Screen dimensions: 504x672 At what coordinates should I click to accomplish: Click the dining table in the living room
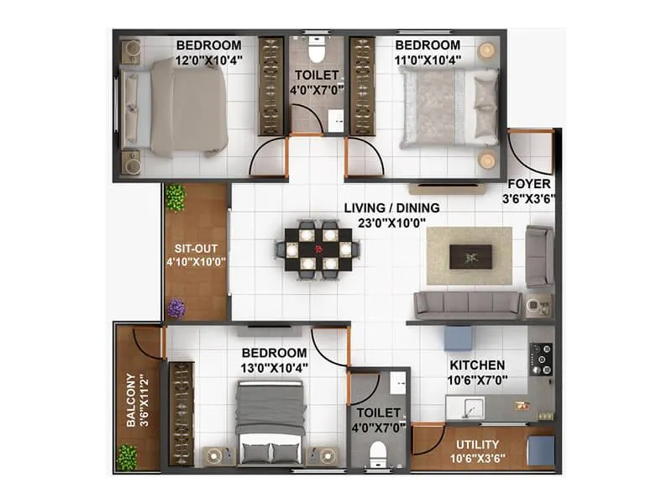(318, 249)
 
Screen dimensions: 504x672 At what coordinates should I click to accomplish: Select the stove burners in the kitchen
(542, 359)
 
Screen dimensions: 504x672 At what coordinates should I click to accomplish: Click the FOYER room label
(529, 184)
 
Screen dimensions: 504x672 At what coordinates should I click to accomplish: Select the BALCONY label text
(132, 400)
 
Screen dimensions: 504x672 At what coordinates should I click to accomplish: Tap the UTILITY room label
(477, 444)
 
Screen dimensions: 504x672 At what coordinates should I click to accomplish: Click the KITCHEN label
(477, 365)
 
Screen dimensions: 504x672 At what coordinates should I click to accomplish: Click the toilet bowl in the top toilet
(317, 53)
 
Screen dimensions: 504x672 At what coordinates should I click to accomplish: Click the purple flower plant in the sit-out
(176, 308)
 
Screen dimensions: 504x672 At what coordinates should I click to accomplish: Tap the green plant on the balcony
(127, 457)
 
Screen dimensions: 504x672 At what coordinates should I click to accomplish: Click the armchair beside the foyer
(539, 255)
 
